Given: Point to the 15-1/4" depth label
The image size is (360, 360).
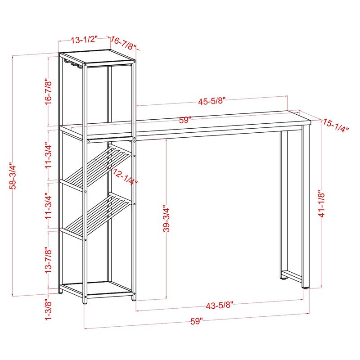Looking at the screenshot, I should tap(335, 126).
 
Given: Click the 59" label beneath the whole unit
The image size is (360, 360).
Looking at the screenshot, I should tap(196, 321).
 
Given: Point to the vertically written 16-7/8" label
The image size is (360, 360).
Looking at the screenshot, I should tap(49, 93).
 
